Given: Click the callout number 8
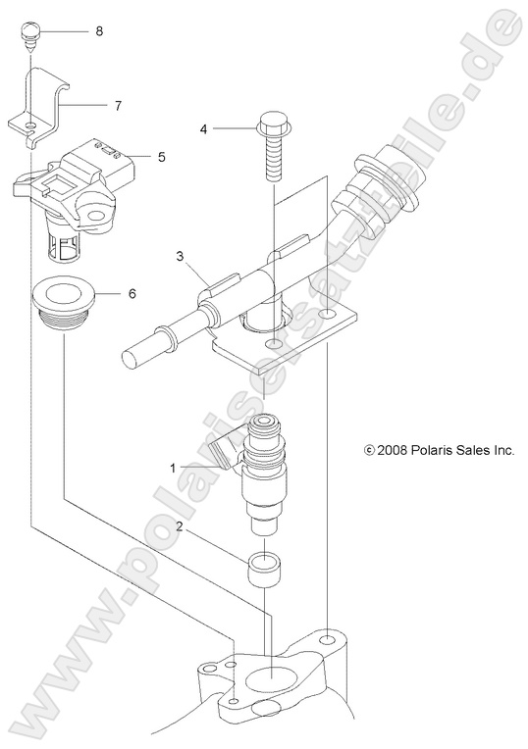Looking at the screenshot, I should pos(99,31).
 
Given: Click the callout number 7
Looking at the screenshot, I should pos(118,103).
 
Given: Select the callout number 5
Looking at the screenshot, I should pos(162,155).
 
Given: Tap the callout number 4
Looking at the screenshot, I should pos(204,128).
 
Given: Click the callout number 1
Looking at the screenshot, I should pos(174,468).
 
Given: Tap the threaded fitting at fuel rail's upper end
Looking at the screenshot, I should pos(370,191).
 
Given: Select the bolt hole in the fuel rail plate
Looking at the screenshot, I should pos(271,346).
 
